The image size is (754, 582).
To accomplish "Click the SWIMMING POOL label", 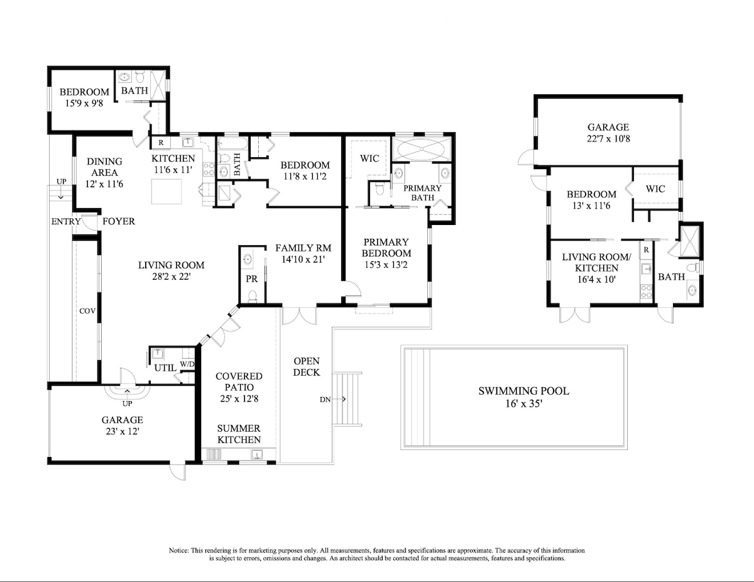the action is pos(523,391).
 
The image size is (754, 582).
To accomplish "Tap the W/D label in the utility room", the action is pos(187,365).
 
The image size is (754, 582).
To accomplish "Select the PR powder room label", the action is pos(251,279).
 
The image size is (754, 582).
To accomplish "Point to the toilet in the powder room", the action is pos(252,296).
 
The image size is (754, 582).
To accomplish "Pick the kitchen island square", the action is pos(167,192).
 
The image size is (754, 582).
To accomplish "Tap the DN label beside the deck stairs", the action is pos(325,400).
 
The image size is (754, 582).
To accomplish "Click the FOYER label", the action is pos(119,221).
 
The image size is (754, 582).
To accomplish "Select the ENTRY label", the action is pos(66,221).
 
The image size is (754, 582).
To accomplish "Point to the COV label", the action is pos(87,311).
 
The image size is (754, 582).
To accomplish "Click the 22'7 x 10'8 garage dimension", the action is pos(608,139).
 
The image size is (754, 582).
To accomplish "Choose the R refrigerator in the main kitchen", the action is pos(161,143).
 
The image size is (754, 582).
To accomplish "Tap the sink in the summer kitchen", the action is pos(257,454).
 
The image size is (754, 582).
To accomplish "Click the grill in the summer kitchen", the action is pos(214,454).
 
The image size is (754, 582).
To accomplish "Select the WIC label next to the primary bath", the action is pos(369,158).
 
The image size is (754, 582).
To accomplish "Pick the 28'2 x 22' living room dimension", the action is pos(172,277).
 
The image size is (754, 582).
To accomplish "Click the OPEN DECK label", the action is pos(307,366).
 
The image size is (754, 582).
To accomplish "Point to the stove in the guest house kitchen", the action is pos(646,291).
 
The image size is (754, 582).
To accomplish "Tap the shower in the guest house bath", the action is pos(690,241).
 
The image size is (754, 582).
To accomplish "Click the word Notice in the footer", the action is pos(178,551).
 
